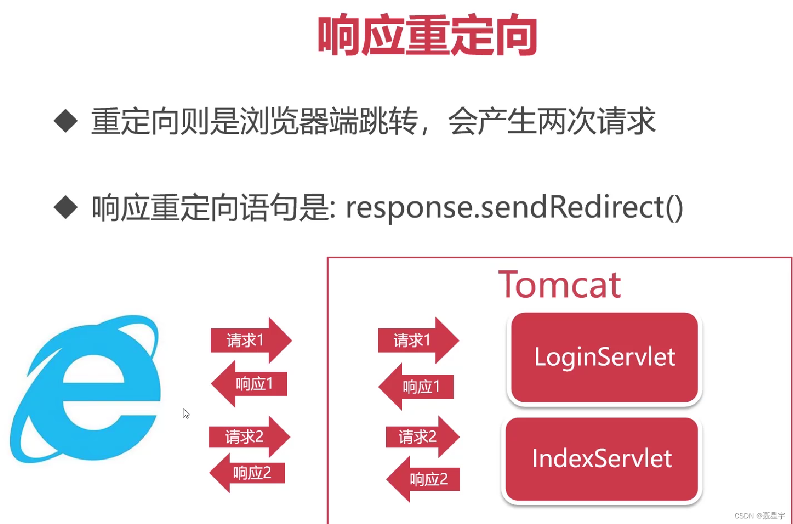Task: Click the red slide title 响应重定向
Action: click(427, 36)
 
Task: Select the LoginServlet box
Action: click(605, 357)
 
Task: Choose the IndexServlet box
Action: click(602, 459)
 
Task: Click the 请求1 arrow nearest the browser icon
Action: click(250, 340)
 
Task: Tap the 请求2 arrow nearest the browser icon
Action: click(248, 437)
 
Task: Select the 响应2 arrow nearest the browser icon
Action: click(248, 473)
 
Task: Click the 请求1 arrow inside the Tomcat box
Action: click(417, 340)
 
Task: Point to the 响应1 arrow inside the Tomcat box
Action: click(417, 387)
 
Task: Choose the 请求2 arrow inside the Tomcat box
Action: click(421, 437)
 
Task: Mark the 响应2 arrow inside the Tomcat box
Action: click(424, 479)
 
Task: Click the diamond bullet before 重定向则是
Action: click(66, 121)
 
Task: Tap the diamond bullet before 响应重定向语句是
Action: click(66, 207)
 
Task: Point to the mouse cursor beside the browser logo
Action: click(186, 413)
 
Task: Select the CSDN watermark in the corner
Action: click(759, 516)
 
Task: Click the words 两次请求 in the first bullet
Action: click(596, 121)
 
